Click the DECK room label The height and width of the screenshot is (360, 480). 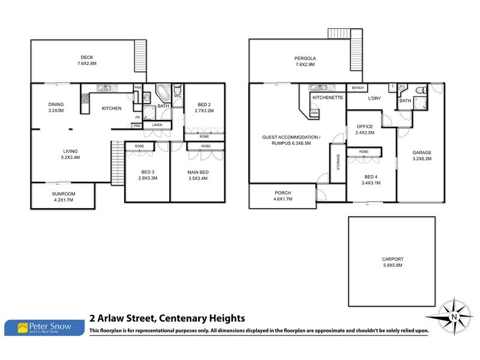[x=87, y=57]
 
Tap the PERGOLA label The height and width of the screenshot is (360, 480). [x=305, y=58]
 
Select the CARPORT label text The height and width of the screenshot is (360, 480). [x=393, y=259]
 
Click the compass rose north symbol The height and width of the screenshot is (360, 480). [x=454, y=317]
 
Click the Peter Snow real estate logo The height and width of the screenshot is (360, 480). [x=44, y=328]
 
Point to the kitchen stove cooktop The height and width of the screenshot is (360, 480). [x=85, y=98]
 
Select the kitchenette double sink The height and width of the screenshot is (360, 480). [x=320, y=88]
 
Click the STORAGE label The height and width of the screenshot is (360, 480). [x=338, y=162]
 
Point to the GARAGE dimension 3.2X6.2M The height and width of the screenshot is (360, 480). [x=422, y=158]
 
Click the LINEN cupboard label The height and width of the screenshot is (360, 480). [x=157, y=125]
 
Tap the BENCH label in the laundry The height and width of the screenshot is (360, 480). [x=358, y=88]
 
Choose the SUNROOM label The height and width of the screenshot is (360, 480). [x=64, y=194]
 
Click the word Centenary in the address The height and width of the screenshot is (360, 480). [x=183, y=319]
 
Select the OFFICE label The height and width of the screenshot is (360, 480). [x=365, y=127]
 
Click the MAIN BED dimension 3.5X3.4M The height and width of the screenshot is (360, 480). [x=198, y=178]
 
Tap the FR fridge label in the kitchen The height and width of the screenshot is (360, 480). [x=138, y=117]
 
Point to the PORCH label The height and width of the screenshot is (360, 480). [x=283, y=193]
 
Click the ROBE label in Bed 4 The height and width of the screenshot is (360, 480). [x=364, y=152]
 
